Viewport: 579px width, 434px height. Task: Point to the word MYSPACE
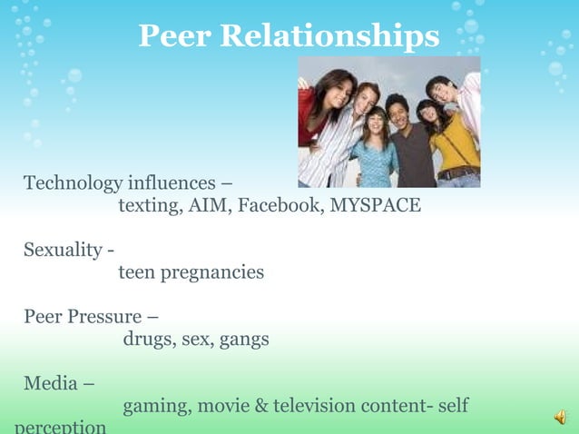[x=375, y=205]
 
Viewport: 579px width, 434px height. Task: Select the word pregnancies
[x=212, y=272]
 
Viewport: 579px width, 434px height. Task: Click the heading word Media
[x=51, y=383]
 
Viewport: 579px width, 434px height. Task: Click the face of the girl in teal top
[x=374, y=123]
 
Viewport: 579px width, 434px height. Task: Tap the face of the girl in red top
[x=331, y=89]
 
